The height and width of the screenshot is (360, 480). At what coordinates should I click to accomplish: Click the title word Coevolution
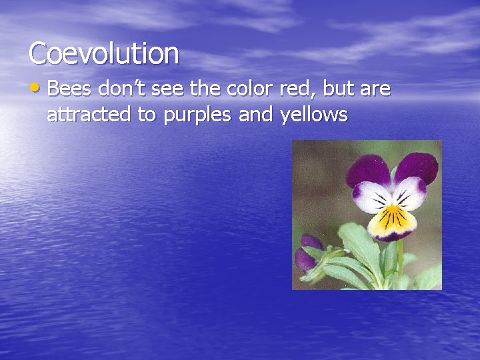(104, 53)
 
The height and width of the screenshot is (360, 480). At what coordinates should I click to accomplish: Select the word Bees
(70, 89)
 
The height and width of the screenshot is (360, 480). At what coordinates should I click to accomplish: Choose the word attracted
(89, 115)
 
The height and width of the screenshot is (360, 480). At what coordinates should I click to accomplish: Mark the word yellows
(314, 115)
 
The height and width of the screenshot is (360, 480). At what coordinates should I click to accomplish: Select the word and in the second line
(255, 115)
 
